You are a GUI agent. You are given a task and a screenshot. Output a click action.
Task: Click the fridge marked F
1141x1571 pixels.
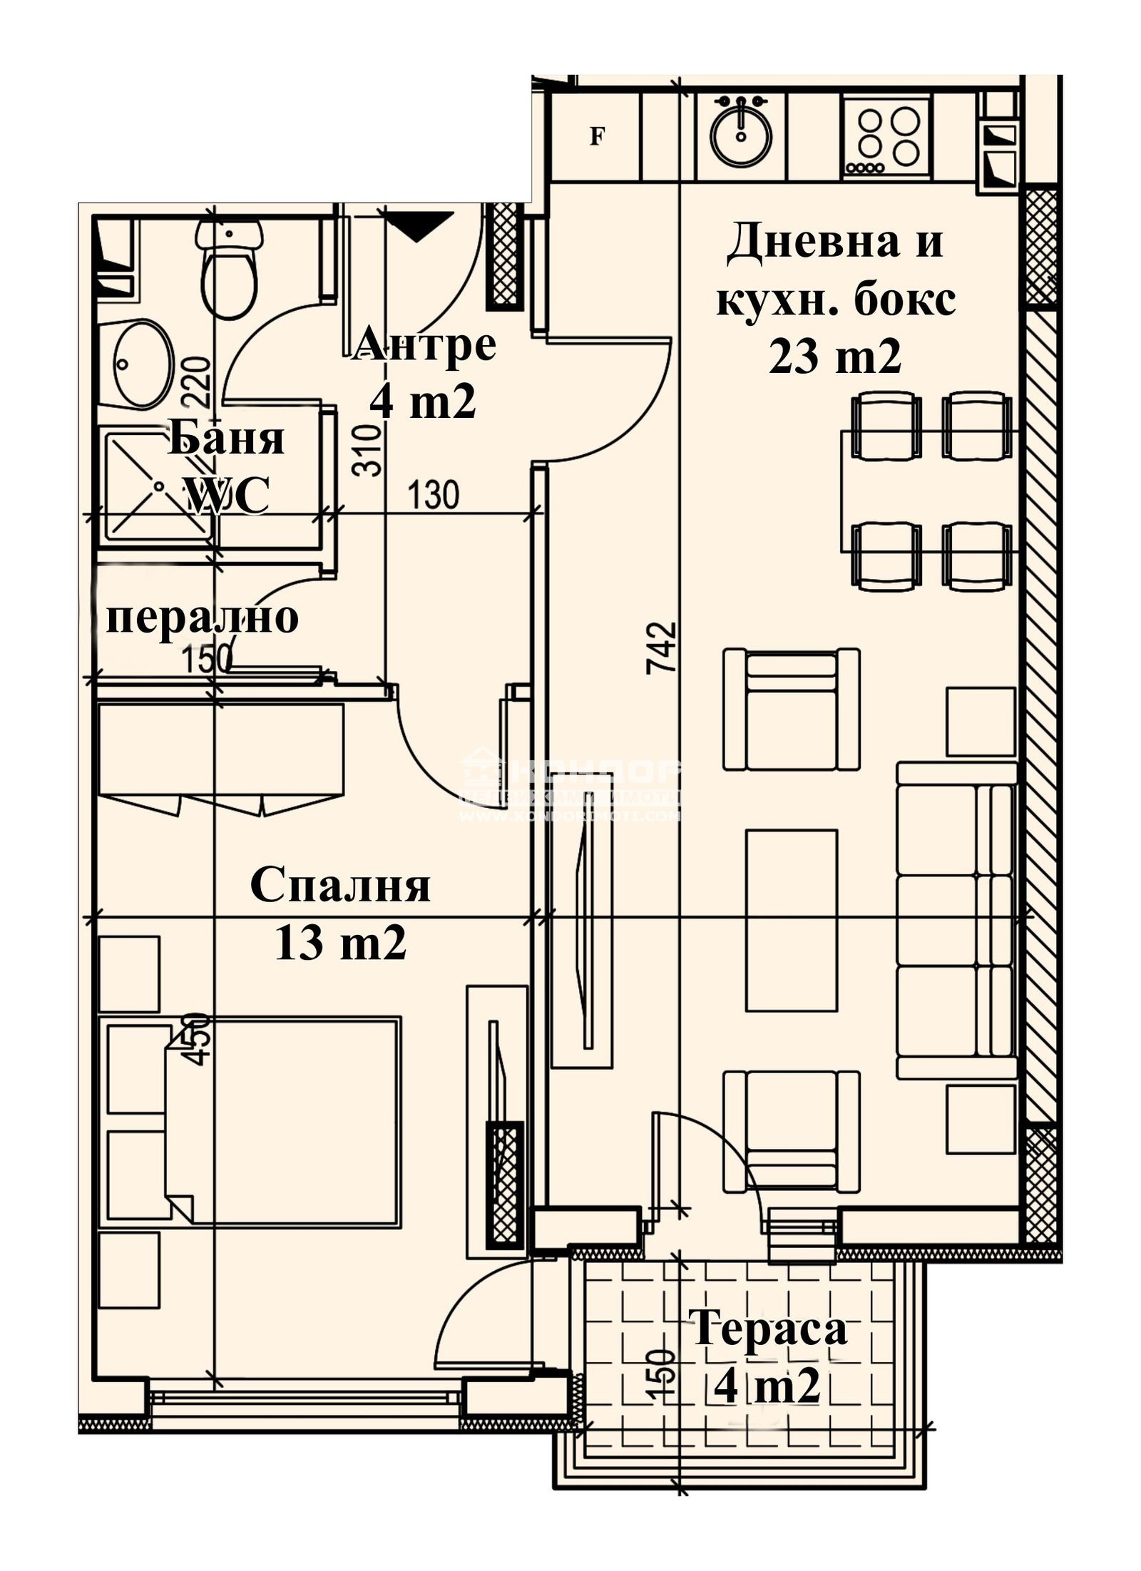pos(596,136)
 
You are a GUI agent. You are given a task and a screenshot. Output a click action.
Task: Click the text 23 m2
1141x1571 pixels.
pos(835,356)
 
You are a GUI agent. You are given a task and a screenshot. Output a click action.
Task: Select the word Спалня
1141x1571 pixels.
pos(340,886)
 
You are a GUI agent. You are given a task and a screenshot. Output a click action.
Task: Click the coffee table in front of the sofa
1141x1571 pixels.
pos(792,920)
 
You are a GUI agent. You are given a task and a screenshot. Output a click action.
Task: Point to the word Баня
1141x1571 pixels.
pos(226,439)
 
